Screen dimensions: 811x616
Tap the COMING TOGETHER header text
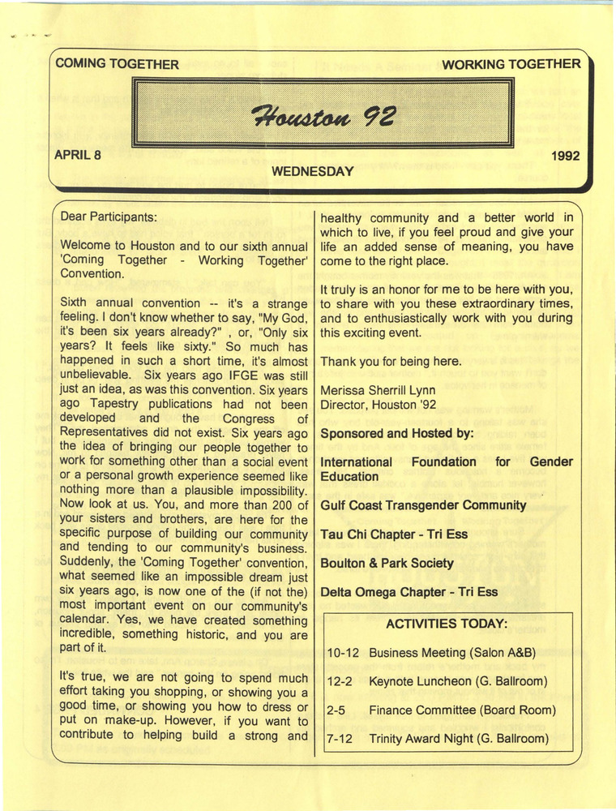[118, 64]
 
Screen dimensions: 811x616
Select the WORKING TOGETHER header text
[511, 64]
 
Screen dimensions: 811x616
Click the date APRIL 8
[78, 155]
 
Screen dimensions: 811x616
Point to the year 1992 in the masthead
[564, 157]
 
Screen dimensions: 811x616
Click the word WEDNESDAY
[313, 171]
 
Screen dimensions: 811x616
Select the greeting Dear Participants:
[109, 217]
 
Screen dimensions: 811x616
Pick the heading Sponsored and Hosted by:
[397, 433]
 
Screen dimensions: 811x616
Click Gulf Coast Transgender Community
[423, 505]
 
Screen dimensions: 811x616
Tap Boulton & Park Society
[387, 563]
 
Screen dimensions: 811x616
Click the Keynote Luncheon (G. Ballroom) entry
[458, 681]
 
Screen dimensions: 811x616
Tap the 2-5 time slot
[336, 710]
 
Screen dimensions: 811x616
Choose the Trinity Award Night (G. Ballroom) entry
[459, 739]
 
